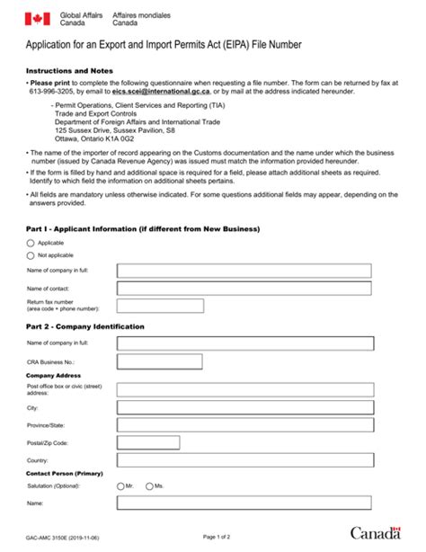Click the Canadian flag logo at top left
pos(37,19)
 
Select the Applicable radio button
pos(31,243)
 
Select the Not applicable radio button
pos(31,255)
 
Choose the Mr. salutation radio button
pos(121,485)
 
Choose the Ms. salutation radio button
pos(149,485)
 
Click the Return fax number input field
pos(159,306)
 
